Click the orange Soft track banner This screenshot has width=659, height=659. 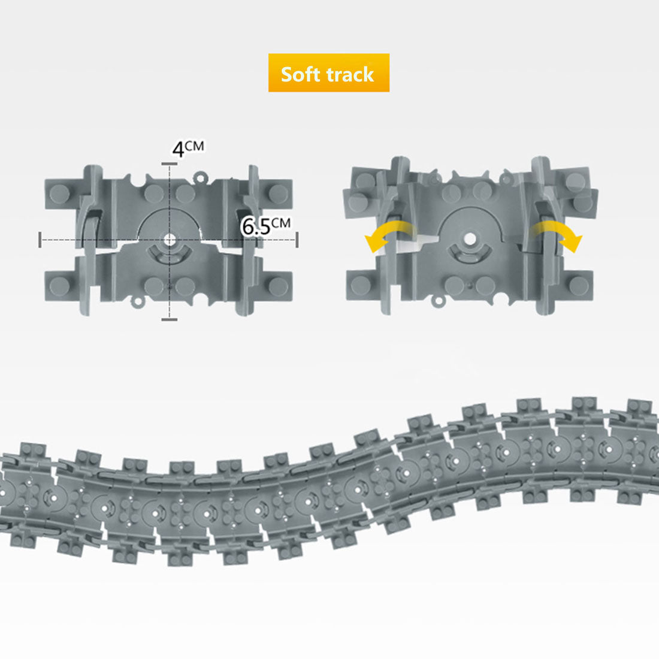(x=329, y=72)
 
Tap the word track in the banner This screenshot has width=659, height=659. (x=350, y=74)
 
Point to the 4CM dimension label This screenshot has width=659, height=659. (x=188, y=149)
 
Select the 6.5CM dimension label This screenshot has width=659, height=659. (x=265, y=226)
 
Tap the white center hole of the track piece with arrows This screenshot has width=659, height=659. (x=470, y=239)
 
